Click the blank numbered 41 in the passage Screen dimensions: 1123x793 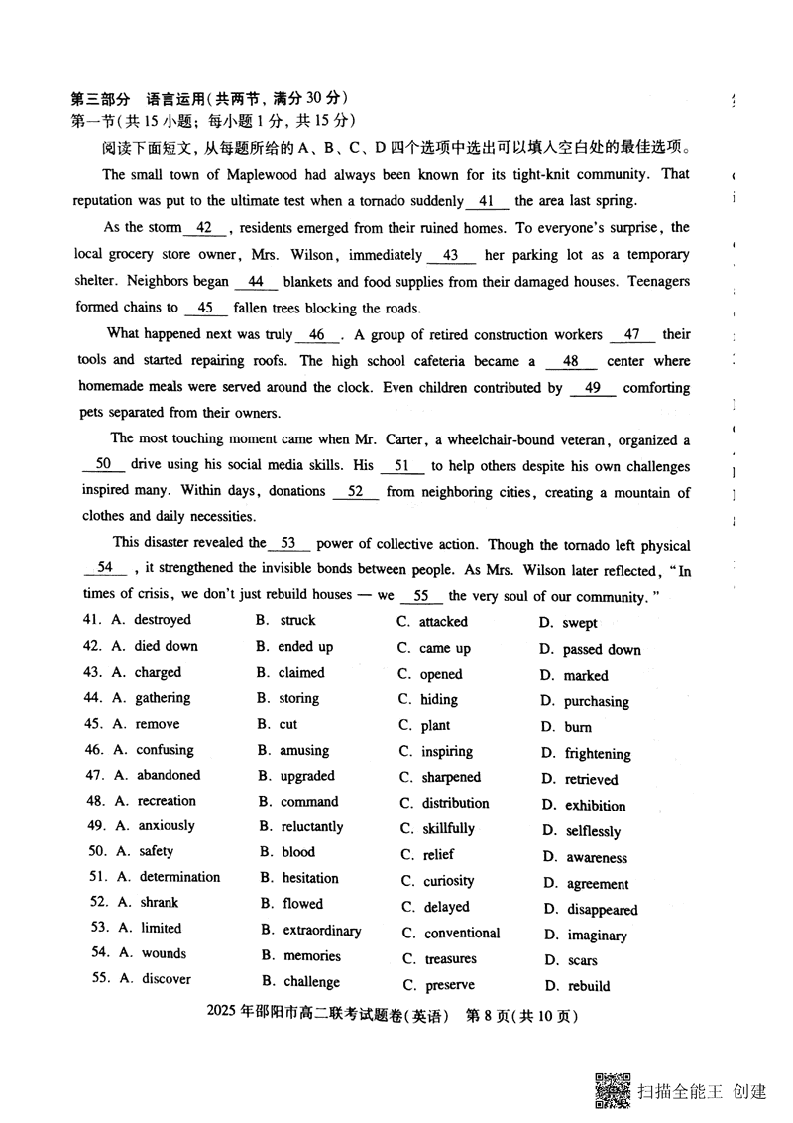tap(486, 200)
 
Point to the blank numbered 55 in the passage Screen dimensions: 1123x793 tap(421, 596)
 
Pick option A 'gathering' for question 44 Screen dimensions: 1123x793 tap(163, 698)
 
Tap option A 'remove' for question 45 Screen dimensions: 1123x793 tap(158, 724)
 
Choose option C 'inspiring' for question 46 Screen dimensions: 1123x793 tap(446, 752)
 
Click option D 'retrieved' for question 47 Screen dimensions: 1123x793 tap(591, 779)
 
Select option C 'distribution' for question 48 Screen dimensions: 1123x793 tap(455, 803)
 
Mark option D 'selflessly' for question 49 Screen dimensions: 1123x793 tap(593, 831)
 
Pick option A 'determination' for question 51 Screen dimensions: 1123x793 tap(179, 877)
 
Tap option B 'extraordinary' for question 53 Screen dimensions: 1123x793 tap(321, 931)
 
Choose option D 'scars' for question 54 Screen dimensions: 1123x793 tap(582, 960)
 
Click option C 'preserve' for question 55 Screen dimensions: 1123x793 tap(449, 985)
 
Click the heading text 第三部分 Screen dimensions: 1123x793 tap(101, 99)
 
